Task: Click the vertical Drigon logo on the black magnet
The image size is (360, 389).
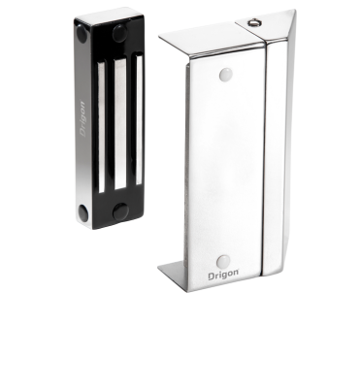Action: click(x=82, y=119)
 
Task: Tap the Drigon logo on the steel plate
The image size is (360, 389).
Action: click(x=223, y=276)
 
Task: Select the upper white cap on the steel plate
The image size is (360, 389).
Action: click(x=226, y=75)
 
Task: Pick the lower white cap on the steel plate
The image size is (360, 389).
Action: click(x=223, y=261)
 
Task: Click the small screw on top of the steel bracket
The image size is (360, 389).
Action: click(x=253, y=22)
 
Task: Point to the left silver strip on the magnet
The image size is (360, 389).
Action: click(x=101, y=128)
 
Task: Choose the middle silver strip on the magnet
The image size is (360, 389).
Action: click(x=120, y=124)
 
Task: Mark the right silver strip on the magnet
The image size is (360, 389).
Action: click(x=139, y=120)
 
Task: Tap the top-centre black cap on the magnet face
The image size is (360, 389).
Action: click(x=120, y=33)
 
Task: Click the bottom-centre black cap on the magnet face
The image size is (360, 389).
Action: click(x=121, y=211)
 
